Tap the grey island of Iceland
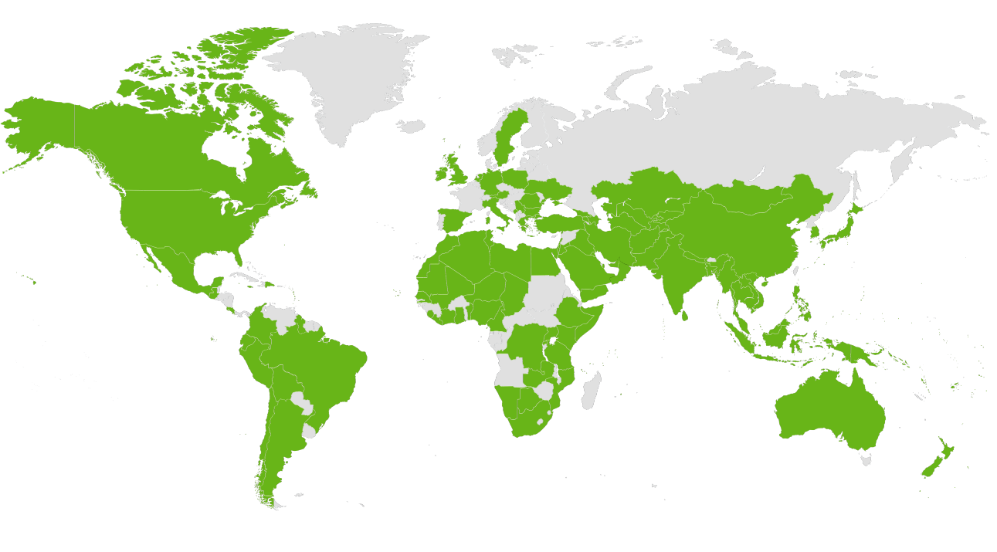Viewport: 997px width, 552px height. pyautogui.click(x=412, y=126)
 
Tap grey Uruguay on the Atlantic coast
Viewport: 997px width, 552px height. pyautogui.click(x=310, y=430)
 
